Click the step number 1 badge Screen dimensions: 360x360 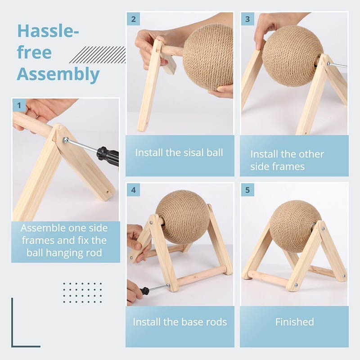click(x=19, y=105)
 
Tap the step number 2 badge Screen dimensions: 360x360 click(x=133, y=19)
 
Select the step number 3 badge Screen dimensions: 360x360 click(x=247, y=19)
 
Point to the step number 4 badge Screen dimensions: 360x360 click(x=133, y=190)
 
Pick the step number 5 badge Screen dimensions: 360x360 click(x=247, y=190)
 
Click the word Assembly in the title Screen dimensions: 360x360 click(x=58, y=74)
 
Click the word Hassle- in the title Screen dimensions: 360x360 click(x=48, y=31)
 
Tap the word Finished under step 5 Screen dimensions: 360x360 click(x=295, y=322)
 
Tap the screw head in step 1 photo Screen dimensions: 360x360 click(x=65, y=139)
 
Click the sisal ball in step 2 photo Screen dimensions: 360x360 click(x=208, y=58)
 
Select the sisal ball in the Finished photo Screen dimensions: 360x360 click(x=296, y=226)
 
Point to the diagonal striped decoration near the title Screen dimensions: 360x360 click(x=98, y=54)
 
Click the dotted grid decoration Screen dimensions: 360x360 click(x=82, y=293)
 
